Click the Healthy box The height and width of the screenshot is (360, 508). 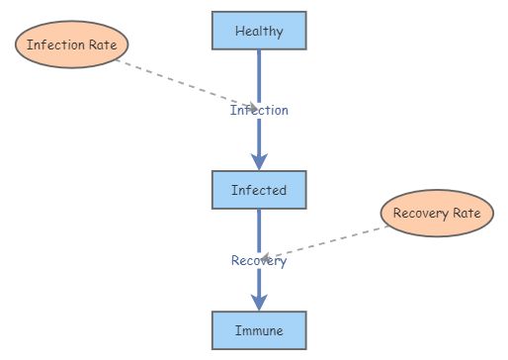pos(259,31)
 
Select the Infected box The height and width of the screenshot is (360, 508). pos(259,189)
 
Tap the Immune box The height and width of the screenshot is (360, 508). pos(259,330)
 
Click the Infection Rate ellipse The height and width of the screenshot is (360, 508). pos(72,45)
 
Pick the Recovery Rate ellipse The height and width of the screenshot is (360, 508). pos(436,214)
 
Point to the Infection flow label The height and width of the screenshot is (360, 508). pos(259,111)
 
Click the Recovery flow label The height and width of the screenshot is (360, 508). pos(259,261)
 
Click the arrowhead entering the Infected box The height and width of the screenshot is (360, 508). pos(259,162)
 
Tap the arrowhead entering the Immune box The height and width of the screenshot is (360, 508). pos(259,304)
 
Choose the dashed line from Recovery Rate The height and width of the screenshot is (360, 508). pos(326,241)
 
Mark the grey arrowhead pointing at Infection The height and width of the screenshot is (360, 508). pos(253,107)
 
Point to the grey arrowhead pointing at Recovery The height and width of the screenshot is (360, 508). pos(266,257)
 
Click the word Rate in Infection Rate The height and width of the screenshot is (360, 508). pos(104,45)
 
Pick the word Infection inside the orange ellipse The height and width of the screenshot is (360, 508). pos(56,45)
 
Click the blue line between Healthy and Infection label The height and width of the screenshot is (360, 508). pos(259,74)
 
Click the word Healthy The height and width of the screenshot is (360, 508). pos(259,31)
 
